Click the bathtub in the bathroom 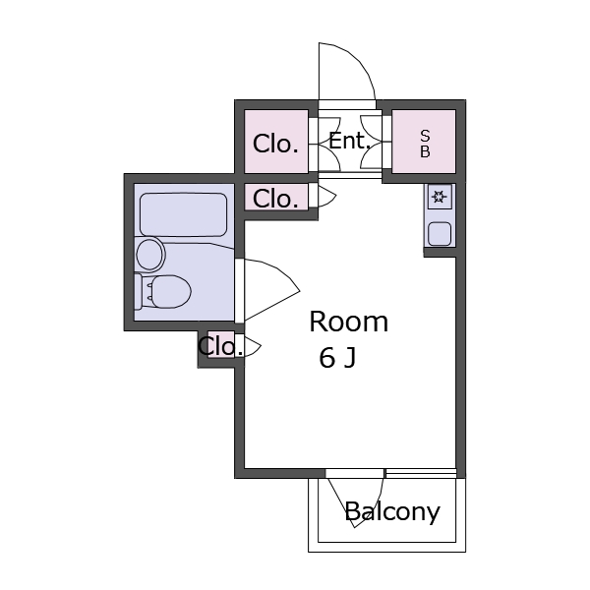[x=183, y=214]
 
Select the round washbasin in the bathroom [x=150, y=255]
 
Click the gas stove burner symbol [x=440, y=197]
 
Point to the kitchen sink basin [x=440, y=234]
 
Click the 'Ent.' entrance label [x=350, y=142]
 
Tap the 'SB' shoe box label [x=425, y=144]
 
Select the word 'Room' [x=348, y=323]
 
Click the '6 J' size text [x=337, y=358]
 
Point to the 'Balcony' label [x=392, y=511]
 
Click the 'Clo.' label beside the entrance [x=275, y=144]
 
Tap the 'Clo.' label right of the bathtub [x=275, y=199]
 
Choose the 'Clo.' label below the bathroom [x=220, y=346]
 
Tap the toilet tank [x=139, y=292]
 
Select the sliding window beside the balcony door [x=421, y=473]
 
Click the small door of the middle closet [x=326, y=196]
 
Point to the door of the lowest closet [x=253, y=345]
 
